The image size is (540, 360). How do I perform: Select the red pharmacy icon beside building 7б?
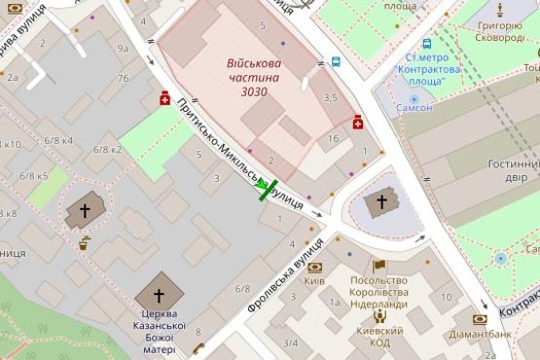(165, 97)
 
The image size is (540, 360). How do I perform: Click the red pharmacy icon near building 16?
(358, 122)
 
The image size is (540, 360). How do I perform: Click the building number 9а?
(123, 48)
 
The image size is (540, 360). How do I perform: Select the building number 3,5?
(330, 98)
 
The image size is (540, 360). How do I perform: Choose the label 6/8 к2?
(107, 149)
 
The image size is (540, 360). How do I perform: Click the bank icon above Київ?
(314, 266)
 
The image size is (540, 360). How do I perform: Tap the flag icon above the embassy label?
(378, 265)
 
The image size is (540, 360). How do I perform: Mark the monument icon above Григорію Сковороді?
(499, 11)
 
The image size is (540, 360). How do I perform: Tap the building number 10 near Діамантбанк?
(445, 296)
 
